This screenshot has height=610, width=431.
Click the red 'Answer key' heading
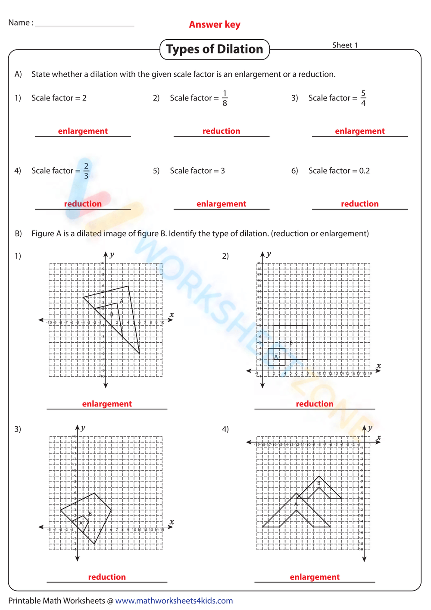(215, 25)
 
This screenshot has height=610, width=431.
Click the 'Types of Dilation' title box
(215, 49)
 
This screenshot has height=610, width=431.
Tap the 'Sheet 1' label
(345, 45)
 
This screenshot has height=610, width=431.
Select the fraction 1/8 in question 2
(225, 98)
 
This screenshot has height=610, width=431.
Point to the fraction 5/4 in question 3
(363, 98)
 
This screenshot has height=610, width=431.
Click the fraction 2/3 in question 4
(86, 171)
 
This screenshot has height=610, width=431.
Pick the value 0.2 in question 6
(364, 171)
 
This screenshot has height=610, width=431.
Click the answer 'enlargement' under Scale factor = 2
(83, 131)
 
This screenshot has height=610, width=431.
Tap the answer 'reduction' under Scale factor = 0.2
(359, 204)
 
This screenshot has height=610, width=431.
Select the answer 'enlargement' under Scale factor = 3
(221, 204)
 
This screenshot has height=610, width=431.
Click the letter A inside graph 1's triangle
(122, 301)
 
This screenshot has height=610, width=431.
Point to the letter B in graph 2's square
(291, 343)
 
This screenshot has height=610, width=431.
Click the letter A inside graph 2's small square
(276, 357)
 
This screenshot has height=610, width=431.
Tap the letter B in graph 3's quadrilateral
(90, 513)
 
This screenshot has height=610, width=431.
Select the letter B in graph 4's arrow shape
(319, 483)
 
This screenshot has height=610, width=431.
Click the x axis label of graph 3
(172, 522)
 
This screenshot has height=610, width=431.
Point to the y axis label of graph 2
(269, 254)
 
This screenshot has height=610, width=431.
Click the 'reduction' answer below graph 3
(107, 577)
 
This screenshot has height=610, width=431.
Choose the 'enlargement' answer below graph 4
(315, 577)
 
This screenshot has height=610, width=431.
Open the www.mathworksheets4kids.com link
(174, 601)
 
